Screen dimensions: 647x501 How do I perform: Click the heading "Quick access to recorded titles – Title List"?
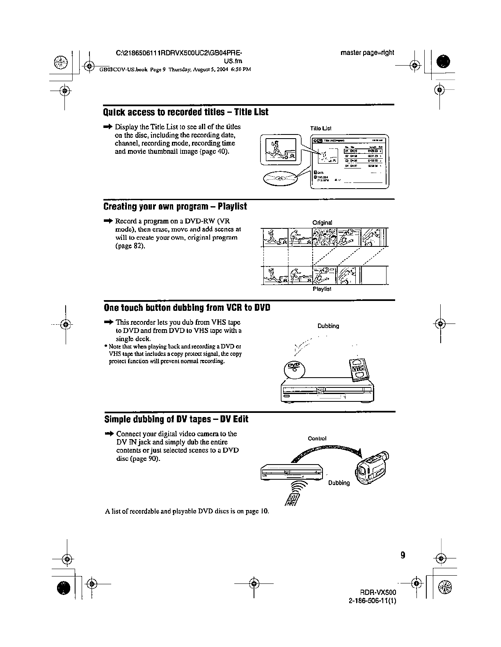tap(186, 112)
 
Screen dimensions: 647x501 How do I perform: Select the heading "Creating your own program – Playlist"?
tap(175, 207)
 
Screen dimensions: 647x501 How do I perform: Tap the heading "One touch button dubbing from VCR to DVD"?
tap(187, 308)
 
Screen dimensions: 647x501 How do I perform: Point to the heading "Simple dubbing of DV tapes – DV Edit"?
tap(176, 419)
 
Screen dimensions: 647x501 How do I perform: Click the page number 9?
tap(403, 555)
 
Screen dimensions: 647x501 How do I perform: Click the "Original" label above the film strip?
tap(322, 223)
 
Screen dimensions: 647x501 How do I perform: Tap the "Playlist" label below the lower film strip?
tap(322, 289)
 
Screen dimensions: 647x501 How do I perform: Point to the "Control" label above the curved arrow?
tap(317, 438)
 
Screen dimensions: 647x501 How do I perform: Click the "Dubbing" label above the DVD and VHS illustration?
tap(328, 326)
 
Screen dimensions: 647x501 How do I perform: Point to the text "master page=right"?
tap(367, 52)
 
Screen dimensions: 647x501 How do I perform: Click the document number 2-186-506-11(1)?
tap(372, 601)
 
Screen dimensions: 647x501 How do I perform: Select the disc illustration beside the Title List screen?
tap(280, 178)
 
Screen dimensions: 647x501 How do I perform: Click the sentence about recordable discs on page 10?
tap(187, 511)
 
